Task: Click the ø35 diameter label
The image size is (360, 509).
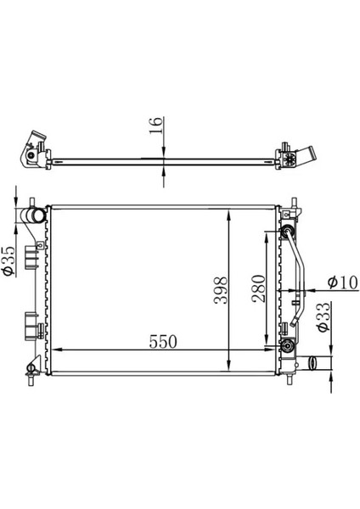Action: click(x=8, y=260)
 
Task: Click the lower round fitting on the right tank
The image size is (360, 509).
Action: click(x=288, y=344)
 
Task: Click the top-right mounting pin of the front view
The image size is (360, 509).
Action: click(x=293, y=206)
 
